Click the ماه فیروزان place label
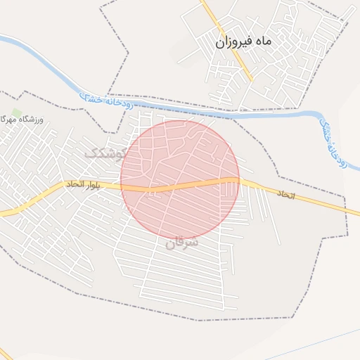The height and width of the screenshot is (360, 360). coord(243,42)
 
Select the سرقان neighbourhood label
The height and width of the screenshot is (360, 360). coord(182,243)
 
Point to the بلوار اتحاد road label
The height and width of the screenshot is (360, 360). coord(84,184)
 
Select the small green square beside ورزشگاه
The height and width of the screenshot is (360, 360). coord(16,112)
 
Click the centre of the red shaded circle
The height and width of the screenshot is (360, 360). coord(180,180)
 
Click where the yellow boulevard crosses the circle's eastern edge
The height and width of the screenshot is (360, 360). coord(239,179)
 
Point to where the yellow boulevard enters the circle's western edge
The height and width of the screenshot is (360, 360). coord(121,186)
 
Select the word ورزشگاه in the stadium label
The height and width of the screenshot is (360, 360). coord(34,120)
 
